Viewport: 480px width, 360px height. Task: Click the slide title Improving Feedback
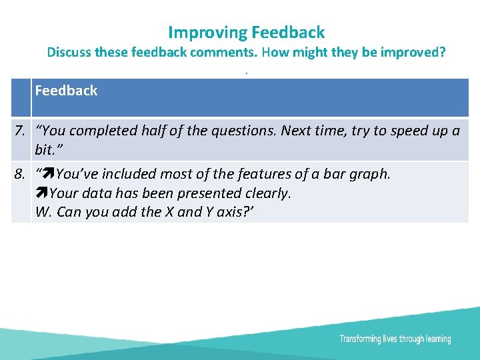[246, 32]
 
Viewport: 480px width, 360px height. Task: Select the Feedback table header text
[66, 91]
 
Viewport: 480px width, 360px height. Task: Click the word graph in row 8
[371, 174]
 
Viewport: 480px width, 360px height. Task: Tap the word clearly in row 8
[269, 193]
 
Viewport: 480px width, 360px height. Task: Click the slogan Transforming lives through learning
[395, 339]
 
